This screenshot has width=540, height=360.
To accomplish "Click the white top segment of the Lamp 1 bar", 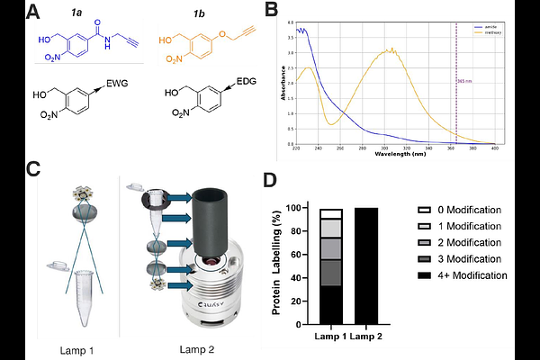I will pyautogui.click(x=331, y=213).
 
